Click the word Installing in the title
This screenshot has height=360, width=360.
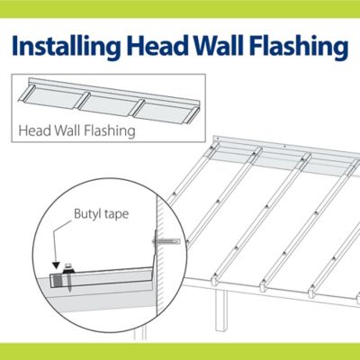tap(67, 47)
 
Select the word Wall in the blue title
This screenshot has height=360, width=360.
tap(218, 45)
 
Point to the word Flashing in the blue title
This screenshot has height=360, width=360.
tap(299, 47)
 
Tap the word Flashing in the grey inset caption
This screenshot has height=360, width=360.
tap(109, 131)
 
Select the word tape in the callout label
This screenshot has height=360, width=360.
tap(116, 215)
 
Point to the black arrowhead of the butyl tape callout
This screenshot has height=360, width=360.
tap(56, 265)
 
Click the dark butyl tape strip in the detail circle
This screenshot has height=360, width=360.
tap(57, 281)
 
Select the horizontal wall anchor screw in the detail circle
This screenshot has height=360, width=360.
tap(166, 241)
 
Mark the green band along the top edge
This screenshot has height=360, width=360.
tap(180, 9)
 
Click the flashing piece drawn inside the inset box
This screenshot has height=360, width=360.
tap(109, 101)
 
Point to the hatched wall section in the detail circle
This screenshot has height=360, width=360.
tap(162, 255)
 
